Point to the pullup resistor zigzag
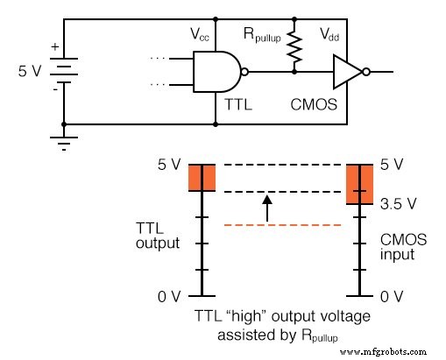(298, 43)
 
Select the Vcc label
(201, 34)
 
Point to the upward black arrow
(268, 207)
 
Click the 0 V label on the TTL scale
(169, 297)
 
